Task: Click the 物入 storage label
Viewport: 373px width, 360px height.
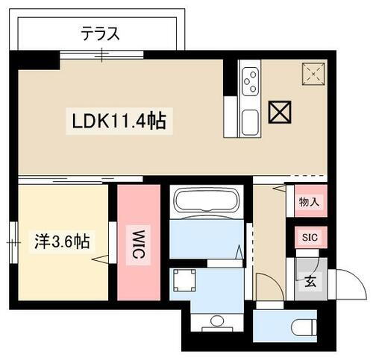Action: (x=309, y=201)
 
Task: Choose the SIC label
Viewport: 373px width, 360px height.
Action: (x=309, y=238)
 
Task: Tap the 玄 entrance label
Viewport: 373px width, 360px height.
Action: (x=308, y=282)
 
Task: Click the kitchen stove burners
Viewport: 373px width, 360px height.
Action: (x=249, y=78)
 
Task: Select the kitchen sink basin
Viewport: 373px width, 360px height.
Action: (x=249, y=120)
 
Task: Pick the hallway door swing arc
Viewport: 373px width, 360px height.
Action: (x=266, y=286)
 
